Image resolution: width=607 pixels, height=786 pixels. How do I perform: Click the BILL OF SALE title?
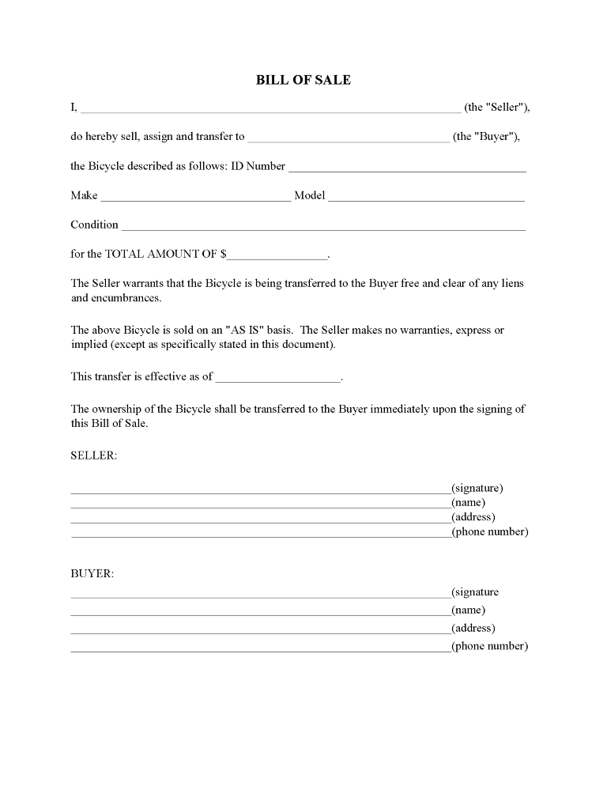pyautogui.click(x=303, y=80)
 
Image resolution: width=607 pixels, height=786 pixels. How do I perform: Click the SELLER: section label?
pyautogui.click(x=94, y=456)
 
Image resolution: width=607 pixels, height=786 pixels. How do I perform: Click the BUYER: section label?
pyautogui.click(x=92, y=573)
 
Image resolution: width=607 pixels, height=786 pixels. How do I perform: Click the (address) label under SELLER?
pyautogui.click(x=473, y=517)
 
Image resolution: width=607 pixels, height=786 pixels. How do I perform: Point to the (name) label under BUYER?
pyautogui.click(x=468, y=610)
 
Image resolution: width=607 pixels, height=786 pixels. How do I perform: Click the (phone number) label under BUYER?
pyautogui.click(x=489, y=646)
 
